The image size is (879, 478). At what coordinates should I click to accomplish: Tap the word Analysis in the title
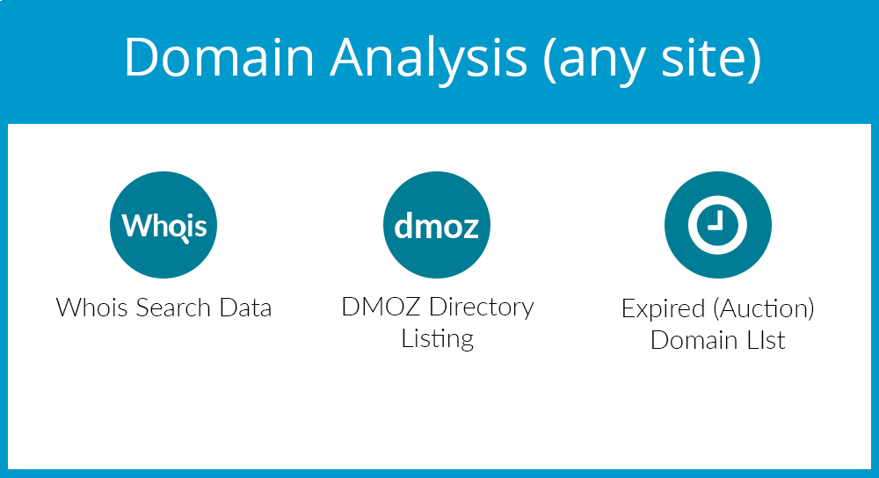[429, 61]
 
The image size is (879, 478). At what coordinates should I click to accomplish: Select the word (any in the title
[593, 61]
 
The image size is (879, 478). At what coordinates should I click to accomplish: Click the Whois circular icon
[163, 225]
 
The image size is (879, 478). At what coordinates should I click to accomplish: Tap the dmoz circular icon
[437, 225]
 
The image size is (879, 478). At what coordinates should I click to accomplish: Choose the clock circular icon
[717, 225]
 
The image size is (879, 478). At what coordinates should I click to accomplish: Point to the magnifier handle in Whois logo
[185, 241]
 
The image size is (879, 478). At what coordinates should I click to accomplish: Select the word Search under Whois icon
[173, 308]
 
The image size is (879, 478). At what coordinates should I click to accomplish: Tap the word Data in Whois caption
[245, 308]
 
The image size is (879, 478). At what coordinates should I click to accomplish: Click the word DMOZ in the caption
[381, 307]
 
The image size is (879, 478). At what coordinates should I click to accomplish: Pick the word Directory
[482, 308]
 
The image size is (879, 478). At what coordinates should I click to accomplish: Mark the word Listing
[437, 339]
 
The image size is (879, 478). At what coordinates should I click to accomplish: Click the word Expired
[663, 309]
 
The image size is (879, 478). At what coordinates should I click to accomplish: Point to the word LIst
[766, 340]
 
